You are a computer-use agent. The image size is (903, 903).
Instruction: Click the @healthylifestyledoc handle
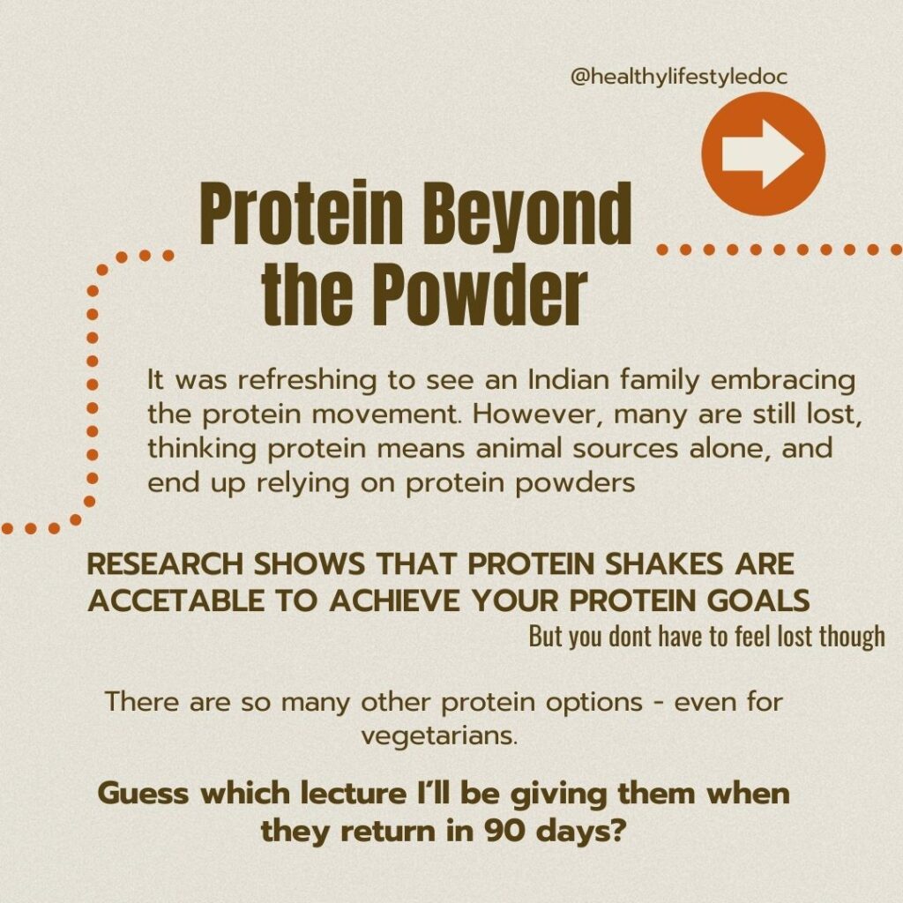click(678, 78)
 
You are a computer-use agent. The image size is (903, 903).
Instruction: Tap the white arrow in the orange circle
click(763, 153)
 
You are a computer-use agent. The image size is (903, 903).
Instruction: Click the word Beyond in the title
click(527, 214)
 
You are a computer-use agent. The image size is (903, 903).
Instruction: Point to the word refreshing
click(307, 381)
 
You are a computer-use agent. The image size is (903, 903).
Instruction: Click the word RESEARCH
click(165, 563)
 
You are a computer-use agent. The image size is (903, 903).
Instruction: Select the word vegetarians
click(439, 736)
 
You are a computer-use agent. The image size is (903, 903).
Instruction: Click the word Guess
click(143, 794)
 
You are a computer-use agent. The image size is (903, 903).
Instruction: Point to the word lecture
click(353, 794)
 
